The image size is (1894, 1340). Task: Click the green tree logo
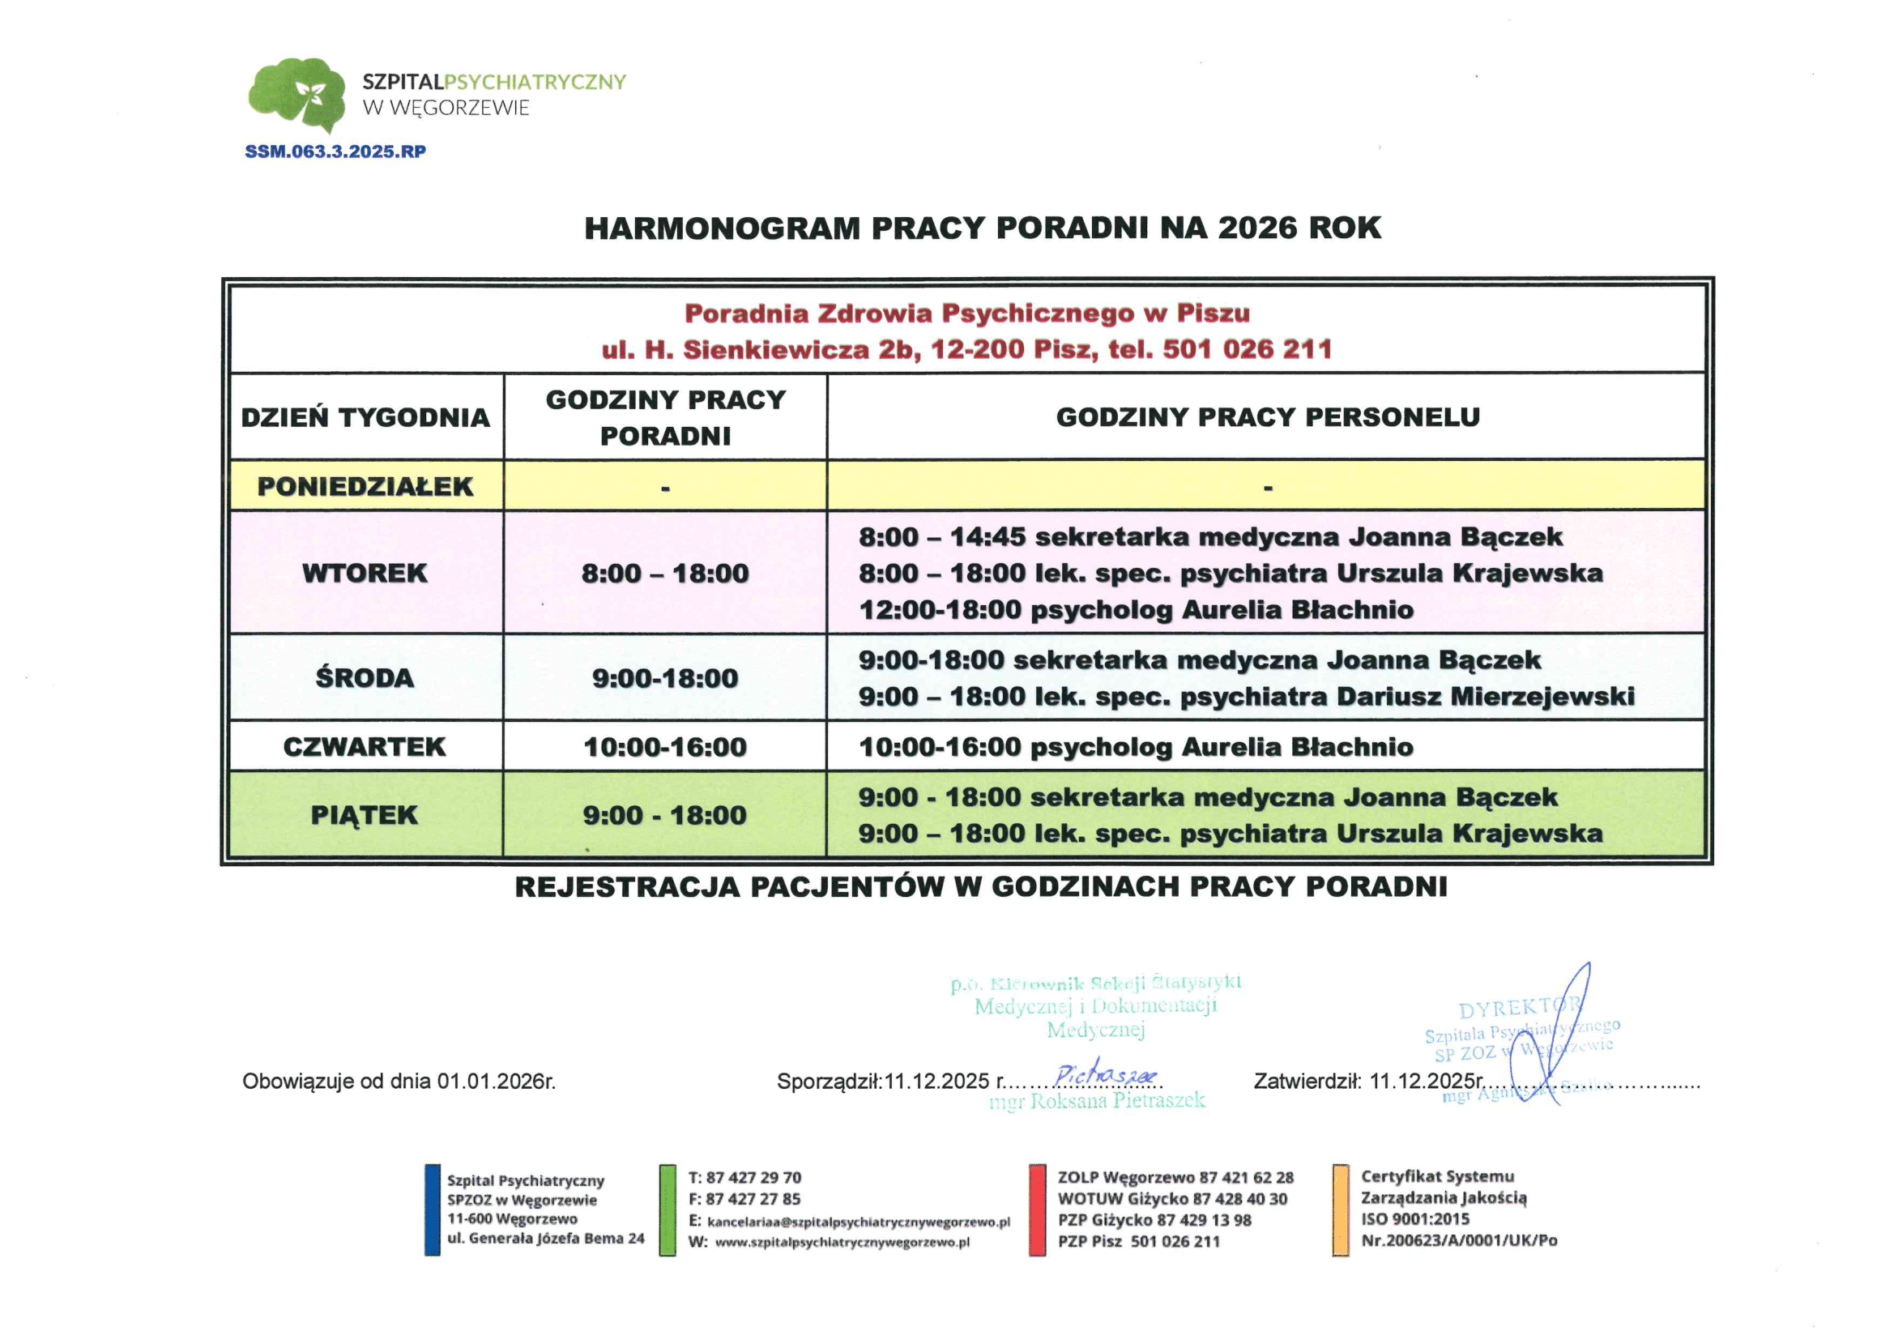point(297,93)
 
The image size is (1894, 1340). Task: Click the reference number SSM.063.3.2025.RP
point(335,151)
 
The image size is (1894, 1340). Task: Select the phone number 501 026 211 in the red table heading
point(1248,350)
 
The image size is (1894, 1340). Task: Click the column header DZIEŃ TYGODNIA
point(365,417)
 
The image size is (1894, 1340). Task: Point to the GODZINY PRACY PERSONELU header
point(1267,417)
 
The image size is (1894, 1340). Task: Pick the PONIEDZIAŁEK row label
point(365,487)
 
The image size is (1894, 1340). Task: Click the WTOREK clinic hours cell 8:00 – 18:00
point(665,574)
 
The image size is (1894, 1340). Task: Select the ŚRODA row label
point(365,678)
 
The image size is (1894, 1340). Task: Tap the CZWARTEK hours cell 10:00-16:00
point(665,748)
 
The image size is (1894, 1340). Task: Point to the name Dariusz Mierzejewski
point(1485,698)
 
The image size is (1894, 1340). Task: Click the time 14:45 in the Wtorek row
point(988,537)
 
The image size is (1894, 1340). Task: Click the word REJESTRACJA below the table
point(627,887)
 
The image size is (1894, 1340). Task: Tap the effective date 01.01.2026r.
point(496,1082)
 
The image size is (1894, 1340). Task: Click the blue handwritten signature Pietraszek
point(1106,1074)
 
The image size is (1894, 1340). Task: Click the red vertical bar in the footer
point(1037,1210)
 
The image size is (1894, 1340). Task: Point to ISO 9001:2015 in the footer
point(1414,1219)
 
